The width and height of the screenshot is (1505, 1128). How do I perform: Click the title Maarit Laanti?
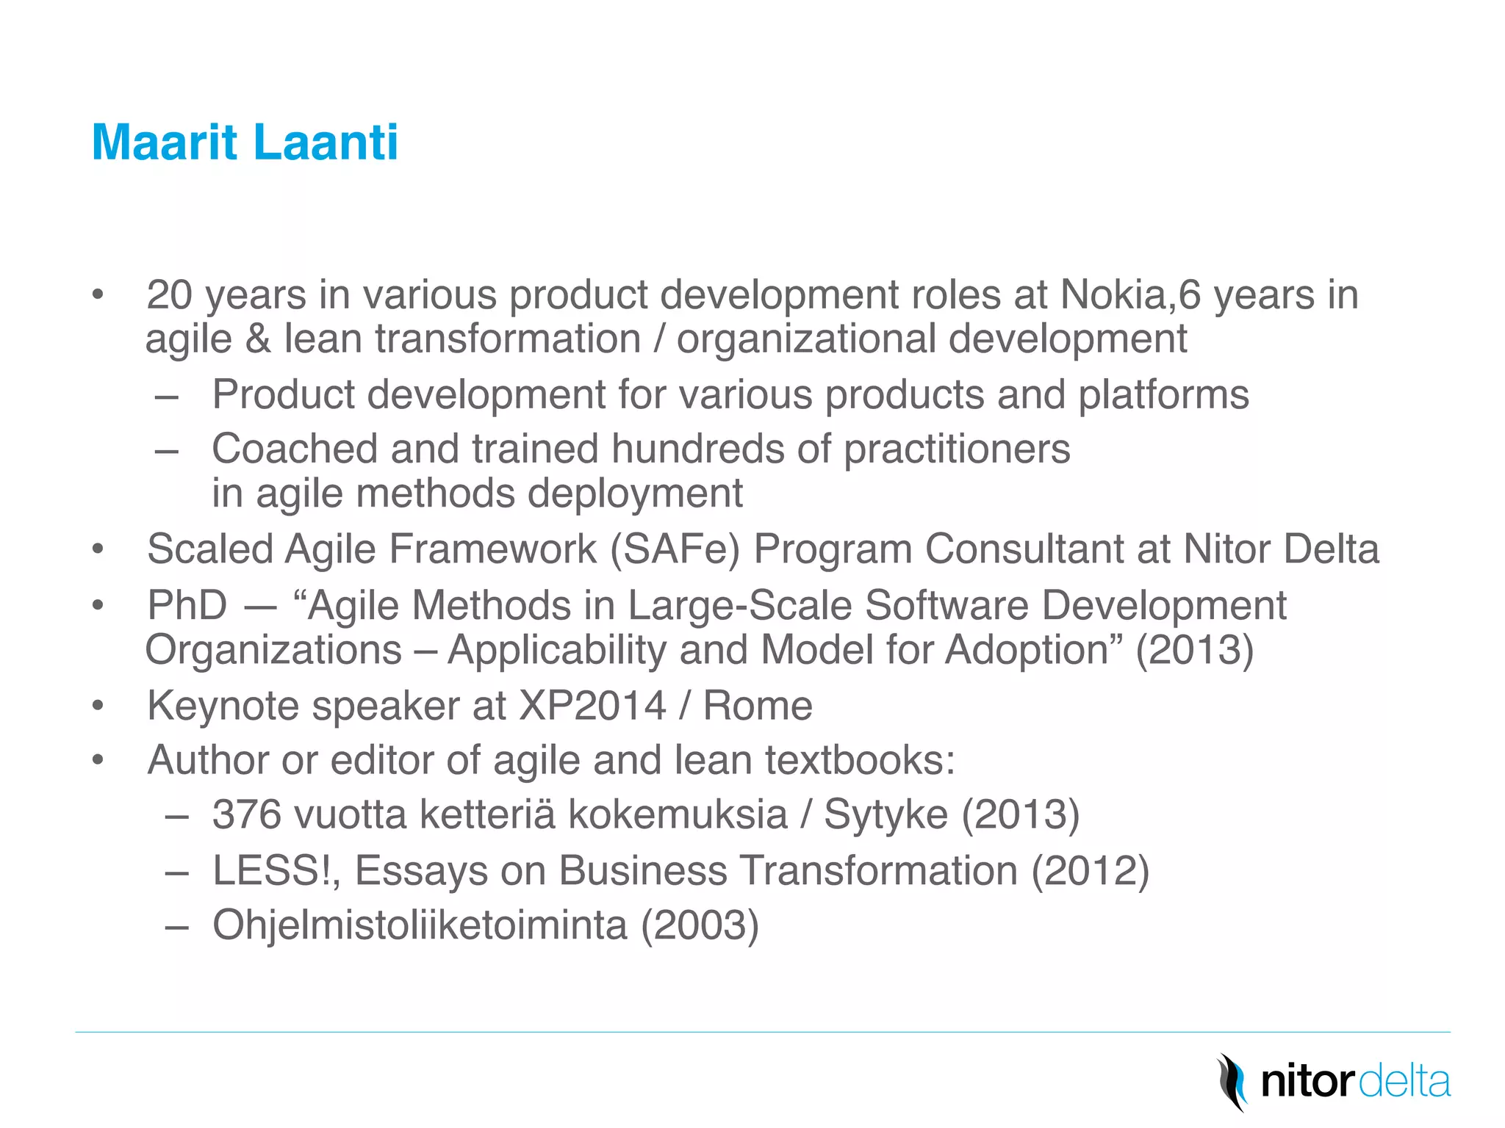tap(245, 142)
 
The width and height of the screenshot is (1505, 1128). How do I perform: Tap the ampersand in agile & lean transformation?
tap(258, 340)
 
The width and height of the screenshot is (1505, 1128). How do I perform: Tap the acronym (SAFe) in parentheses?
tap(675, 549)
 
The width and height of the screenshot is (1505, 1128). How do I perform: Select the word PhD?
tap(187, 606)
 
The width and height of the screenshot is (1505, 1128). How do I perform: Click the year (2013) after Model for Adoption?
tap(1194, 651)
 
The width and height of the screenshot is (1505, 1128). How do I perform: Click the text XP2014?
tap(592, 706)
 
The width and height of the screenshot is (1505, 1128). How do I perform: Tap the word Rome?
tap(758, 706)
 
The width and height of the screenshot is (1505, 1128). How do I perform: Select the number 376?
tap(247, 815)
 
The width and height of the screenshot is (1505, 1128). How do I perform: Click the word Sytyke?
tap(886, 815)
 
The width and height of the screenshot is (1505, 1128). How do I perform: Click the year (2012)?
tap(1091, 871)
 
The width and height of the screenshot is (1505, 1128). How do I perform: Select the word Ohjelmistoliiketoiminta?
tap(420, 925)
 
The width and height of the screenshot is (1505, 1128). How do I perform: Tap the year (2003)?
tap(700, 925)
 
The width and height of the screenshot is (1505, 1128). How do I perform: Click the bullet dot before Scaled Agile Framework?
tap(98, 550)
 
